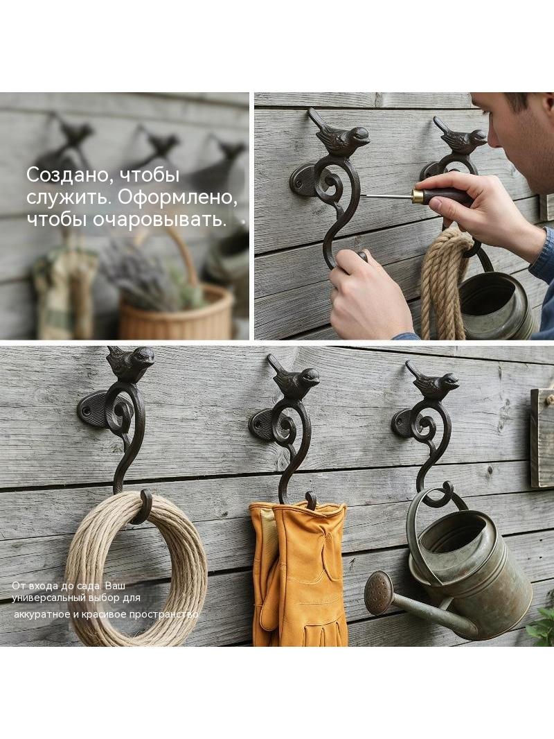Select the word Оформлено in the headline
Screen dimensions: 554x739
pos(177,198)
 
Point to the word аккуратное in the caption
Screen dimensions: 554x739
pos(41,615)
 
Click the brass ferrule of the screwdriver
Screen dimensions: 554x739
pos(418,195)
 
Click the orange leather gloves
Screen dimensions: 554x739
pos(299,573)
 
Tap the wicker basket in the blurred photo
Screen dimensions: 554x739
pos(176,312)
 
